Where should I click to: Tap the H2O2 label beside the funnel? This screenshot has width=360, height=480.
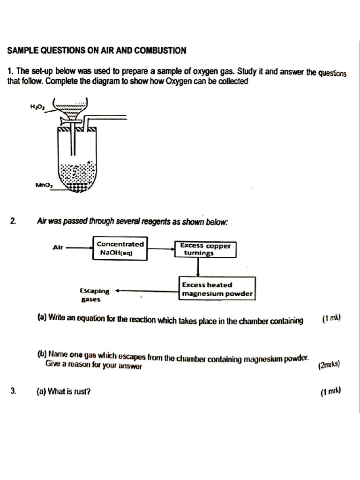(36, 107)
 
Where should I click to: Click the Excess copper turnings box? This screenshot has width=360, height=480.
(205, 249)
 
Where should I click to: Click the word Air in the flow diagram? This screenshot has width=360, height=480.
(59, 247)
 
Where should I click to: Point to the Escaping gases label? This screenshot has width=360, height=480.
(94, 294)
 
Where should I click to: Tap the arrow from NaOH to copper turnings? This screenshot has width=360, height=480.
(160, 248)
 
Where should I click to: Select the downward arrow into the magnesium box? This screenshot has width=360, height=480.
(198, 267)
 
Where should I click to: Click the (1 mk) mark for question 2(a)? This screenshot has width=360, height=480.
(331, 319)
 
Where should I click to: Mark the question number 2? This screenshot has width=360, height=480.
(13, 221)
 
